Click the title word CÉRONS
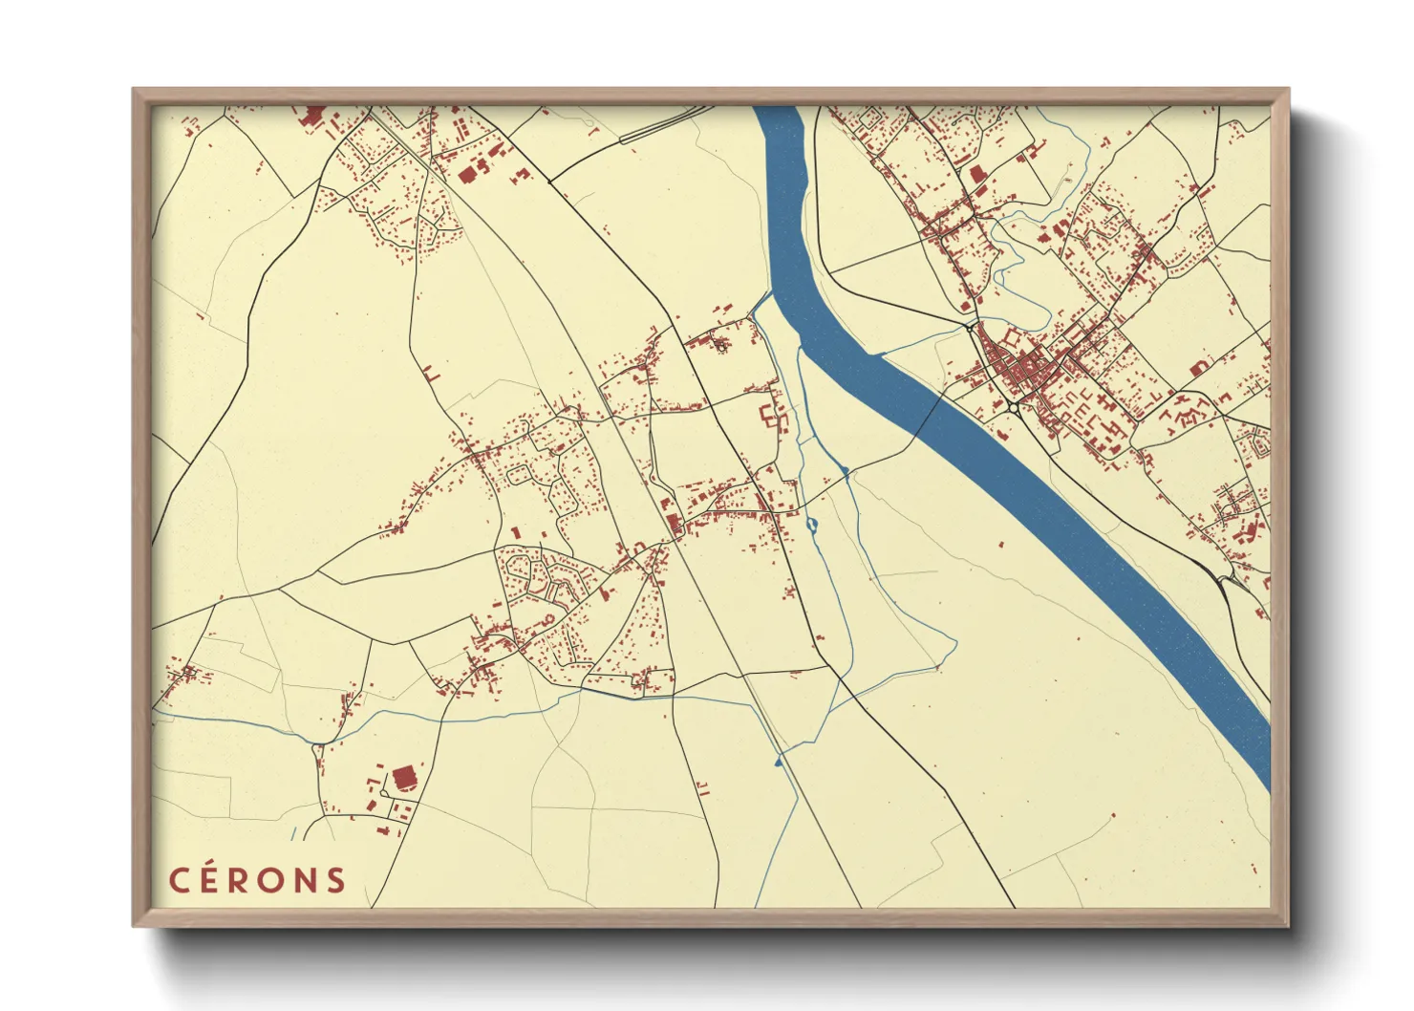point(257,880)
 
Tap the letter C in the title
point(179,880)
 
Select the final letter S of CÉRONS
point(335,880)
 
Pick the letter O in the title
point(275,880)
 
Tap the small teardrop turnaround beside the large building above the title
point(384,792)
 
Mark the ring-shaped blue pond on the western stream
point(812,525)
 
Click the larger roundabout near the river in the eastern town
point(1013,408)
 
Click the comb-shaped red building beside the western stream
point(769,417)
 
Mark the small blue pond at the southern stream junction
point(778,761)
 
